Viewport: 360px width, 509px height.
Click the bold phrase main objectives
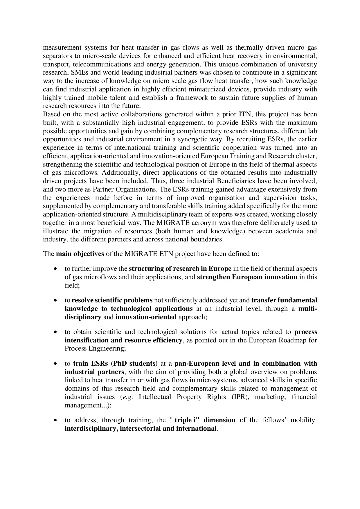(x=80, y=254)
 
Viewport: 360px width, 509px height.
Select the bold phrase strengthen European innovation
(x=247, y=277)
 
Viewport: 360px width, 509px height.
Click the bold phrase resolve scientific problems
(x=112, y=300)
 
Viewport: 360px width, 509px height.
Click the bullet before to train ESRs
(x=55, y=364)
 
